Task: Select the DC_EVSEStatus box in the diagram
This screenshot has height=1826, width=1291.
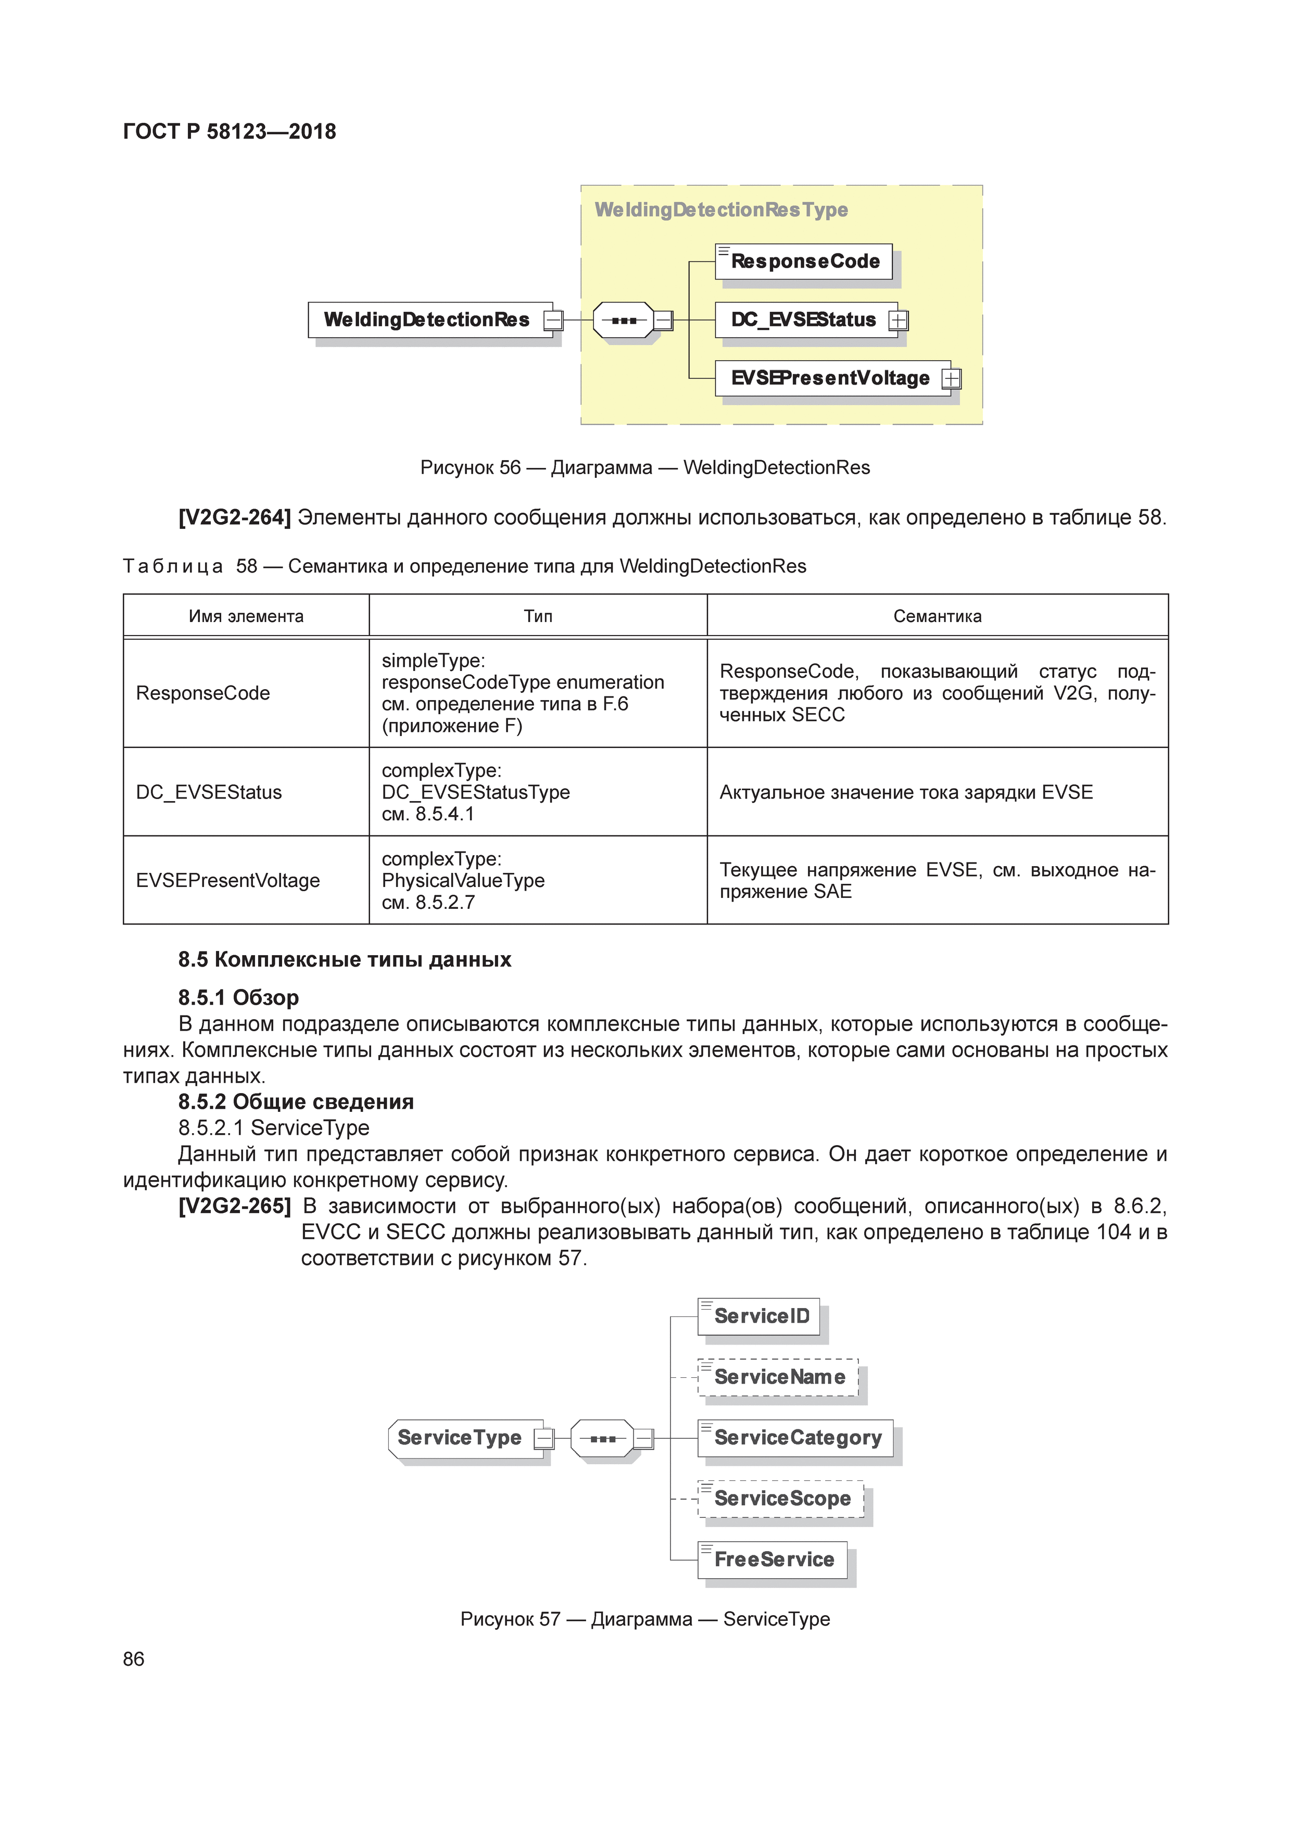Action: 803,320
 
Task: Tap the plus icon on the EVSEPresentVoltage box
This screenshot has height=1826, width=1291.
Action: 952,379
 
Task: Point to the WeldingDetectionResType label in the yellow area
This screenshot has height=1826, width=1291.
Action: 720,210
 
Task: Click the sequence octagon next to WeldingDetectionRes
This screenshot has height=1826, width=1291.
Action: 624,321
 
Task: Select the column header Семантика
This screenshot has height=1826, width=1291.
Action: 937,616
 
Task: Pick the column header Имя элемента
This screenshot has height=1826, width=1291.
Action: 246,616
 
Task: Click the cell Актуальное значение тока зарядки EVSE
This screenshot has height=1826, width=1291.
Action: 906,792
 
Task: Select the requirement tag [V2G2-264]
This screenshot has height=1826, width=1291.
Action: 234,518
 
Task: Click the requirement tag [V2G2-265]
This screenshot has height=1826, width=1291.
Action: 234,1207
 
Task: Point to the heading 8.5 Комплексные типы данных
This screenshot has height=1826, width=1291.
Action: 345,960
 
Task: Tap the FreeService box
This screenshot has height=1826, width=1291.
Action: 773,1559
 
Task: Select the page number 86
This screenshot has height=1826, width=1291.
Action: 134,1659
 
